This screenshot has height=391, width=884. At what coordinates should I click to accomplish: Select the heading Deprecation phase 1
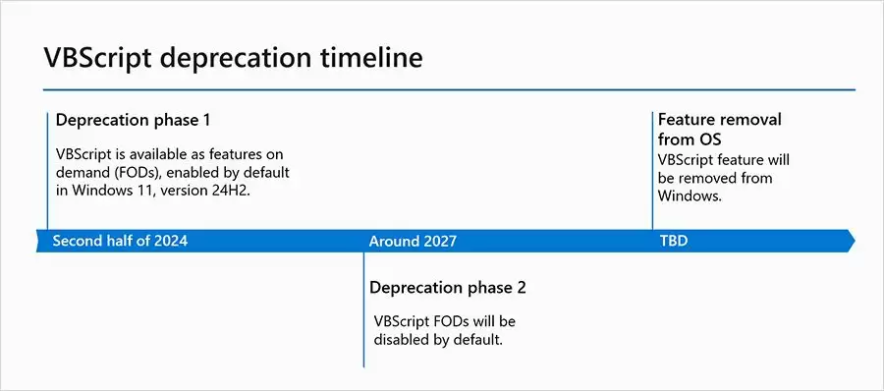pyautogui.click(x=133, y=120)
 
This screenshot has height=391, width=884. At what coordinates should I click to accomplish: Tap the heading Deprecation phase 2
pyautogui.click(x=447, y=288)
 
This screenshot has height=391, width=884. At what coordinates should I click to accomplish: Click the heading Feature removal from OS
pyautogui.click(x=719, y=129)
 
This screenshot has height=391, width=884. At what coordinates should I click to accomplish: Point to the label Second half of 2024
pyautogui.click(x=119, y=241)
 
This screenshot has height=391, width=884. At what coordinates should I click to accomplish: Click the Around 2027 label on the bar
pyautogui.click(x=413, y=241)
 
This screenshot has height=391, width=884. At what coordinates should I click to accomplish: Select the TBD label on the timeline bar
pyautogui.click(x=673, y=241)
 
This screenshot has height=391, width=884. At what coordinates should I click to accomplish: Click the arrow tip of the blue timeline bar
pyautogui.click(x=851, y=241)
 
